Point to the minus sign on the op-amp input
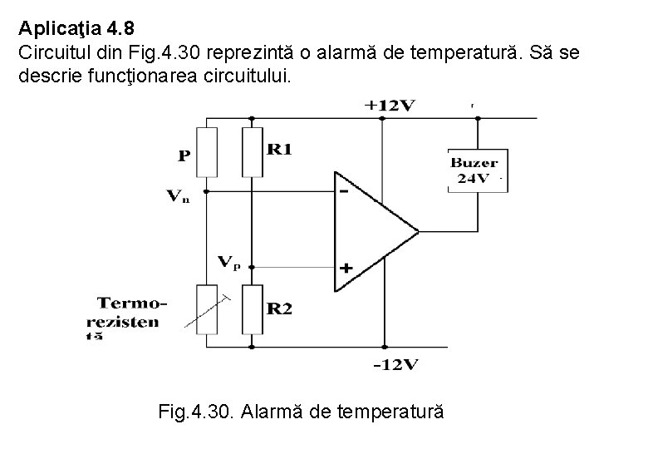click(343, 190)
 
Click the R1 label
click(280, 149)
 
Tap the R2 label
click(280, 308)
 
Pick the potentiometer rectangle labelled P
click(205, 151)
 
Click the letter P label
click(184, 155)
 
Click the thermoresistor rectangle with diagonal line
click(205, 309)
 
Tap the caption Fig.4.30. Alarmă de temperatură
click(299, 411)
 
